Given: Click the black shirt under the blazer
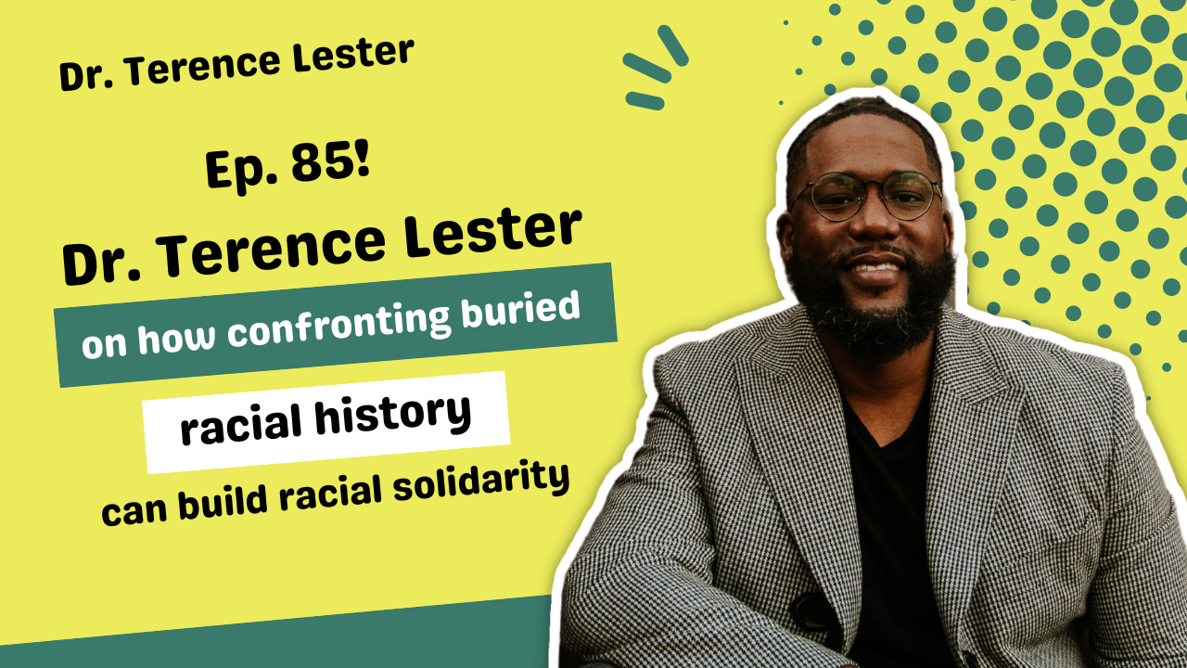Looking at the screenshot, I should coord(890,520).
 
